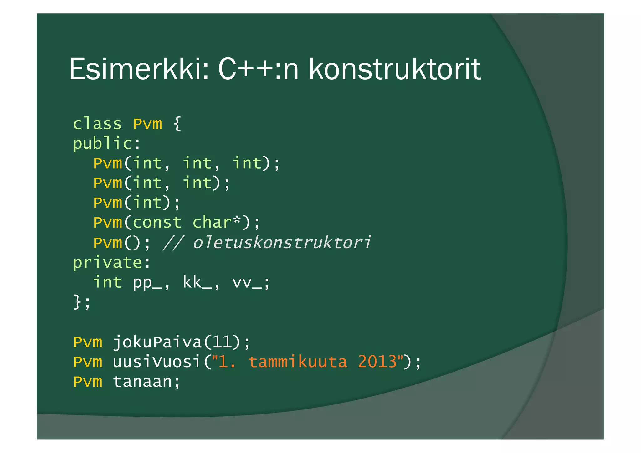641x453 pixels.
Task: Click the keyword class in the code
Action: pyautogui.click(x=97, y=124)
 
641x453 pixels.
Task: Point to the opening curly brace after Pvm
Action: pyautogui.click(x=177, y=124)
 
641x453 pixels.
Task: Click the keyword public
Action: pyautogui.click(x=103, y=144)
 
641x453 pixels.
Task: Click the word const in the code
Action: pyautogui.click(x=157, y=223)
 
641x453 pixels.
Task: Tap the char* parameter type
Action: pyautogui.click(x=217, y=223)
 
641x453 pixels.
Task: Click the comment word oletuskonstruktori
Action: pyautogui.click(x=282, y=243)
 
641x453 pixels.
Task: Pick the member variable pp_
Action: pyautogui.click(x=147, y=283)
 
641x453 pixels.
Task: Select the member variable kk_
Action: pyautogui.click(x=197, y=283)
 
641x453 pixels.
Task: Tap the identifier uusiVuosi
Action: pyautogui.click(x=156, y=362)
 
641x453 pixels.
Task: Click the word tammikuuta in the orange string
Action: pyautogui.click(x=298, y=362)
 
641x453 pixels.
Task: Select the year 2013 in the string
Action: pyautogui.click(x=377, y=362)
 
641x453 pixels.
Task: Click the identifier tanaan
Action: pyautogui.click(x=142, y=382)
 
